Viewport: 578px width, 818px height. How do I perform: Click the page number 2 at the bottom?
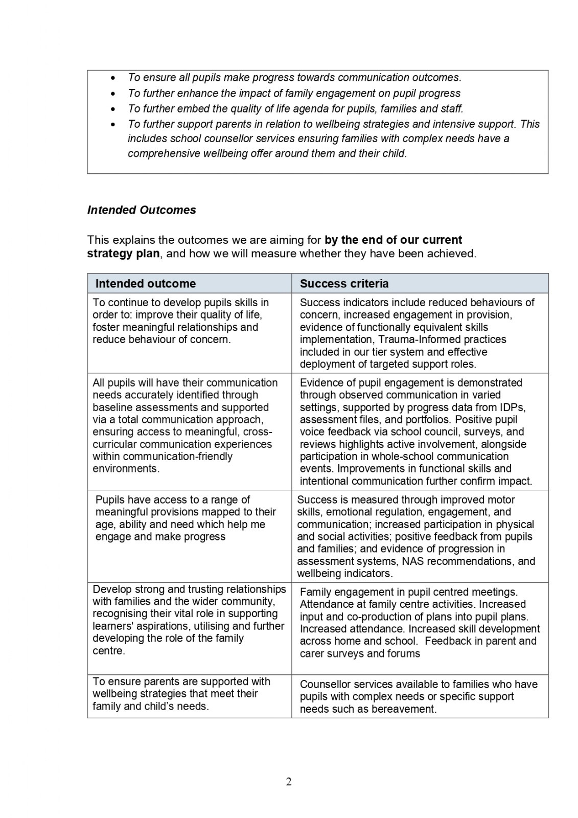[x=289, y=782]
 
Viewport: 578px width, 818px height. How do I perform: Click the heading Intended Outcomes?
[x=142, y=210]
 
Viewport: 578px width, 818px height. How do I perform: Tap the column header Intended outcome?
[x=146, y=284]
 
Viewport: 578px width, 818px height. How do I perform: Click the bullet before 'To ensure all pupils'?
[x=113, y=78]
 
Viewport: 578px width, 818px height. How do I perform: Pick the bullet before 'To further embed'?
[x=113, y=109]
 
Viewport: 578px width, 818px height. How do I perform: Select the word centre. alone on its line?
[x=109, y=651]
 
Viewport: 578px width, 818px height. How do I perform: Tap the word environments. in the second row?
[x=126, y=469]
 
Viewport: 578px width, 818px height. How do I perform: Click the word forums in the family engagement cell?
[x=404, y=654]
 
